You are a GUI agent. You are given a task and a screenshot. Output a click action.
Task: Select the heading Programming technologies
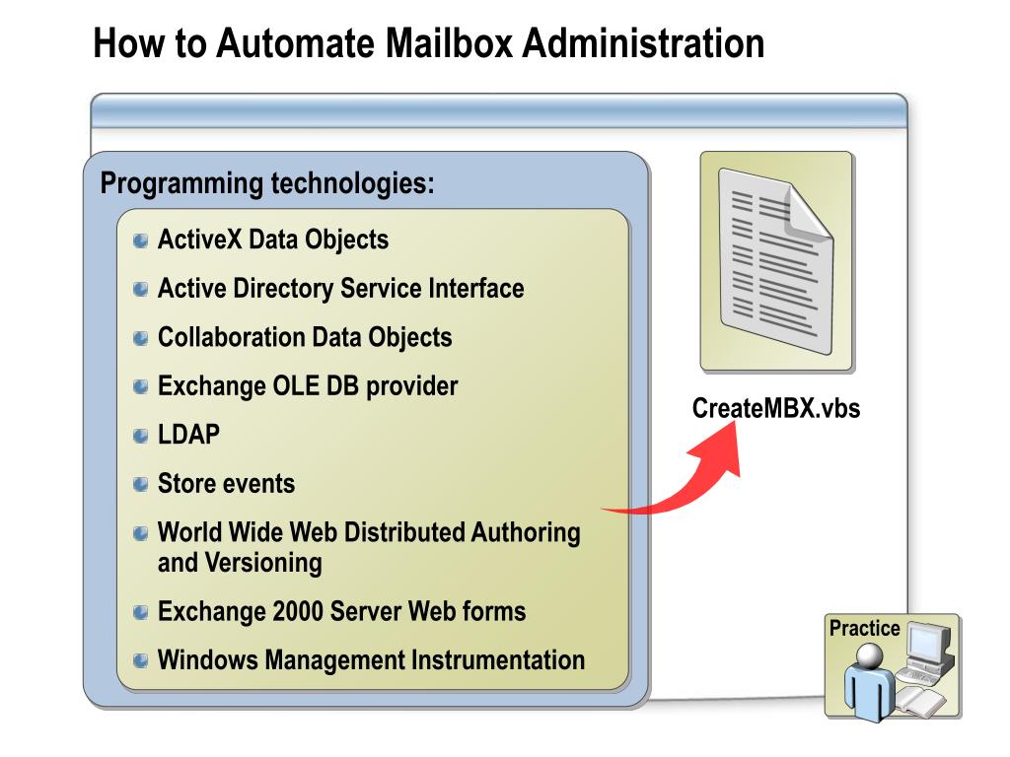click(x=267, y=183)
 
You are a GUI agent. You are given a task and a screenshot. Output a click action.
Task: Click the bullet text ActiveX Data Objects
click(x=273, y=240)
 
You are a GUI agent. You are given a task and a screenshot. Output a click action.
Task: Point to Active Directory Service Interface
click(x=340, y=289)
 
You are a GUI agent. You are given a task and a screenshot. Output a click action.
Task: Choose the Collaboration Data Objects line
click(x=305, y=337)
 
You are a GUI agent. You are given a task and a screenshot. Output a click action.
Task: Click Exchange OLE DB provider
click(x=308, y=386)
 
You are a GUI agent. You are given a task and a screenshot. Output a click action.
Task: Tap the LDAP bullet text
click(x=188, y=435)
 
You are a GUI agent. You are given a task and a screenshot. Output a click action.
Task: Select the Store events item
click(x=226, y=484)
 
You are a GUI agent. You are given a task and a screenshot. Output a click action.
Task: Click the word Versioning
click(x=262, y=563)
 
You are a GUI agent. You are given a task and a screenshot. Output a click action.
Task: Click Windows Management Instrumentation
click(x=371, y=659)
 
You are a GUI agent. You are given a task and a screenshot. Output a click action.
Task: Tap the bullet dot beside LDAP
click(x=141, y=436)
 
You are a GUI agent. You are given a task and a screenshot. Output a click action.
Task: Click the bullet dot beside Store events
click(x=141, y=484)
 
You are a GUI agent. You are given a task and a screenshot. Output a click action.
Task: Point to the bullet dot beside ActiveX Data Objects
click(x=141, y=241)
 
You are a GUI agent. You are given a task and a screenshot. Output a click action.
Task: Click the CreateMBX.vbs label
click(x=776, y=408)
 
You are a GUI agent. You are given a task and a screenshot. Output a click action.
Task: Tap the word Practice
click(x=864, y=629)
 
